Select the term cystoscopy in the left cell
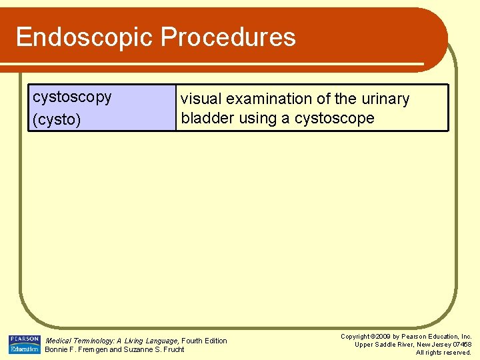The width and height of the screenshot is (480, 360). point(72,97)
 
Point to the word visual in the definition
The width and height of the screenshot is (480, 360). point(201,99)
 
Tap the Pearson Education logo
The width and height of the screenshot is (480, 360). point(25,344)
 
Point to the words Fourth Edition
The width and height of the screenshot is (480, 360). point(205,341)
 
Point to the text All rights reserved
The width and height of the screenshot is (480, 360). point(443,353)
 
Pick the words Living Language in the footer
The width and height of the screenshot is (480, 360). point(154,341)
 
